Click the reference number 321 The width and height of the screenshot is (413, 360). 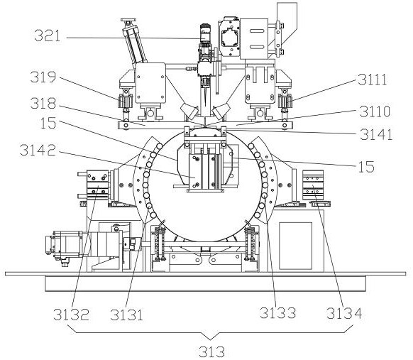tap(48, 36)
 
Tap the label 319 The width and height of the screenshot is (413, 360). tap(43, 77)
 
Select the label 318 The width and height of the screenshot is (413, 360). tap(43, 103)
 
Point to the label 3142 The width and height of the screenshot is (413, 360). tap(38, 150)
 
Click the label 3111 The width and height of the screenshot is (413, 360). tap(372, 79)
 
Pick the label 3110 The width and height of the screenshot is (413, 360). tap(375, 111)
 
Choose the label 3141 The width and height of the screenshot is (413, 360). tap(376, 134)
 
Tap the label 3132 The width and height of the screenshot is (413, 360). tap(71, 314)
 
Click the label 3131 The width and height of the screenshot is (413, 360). tap(126, 314)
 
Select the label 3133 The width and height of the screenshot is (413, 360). tap(278, 313)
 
